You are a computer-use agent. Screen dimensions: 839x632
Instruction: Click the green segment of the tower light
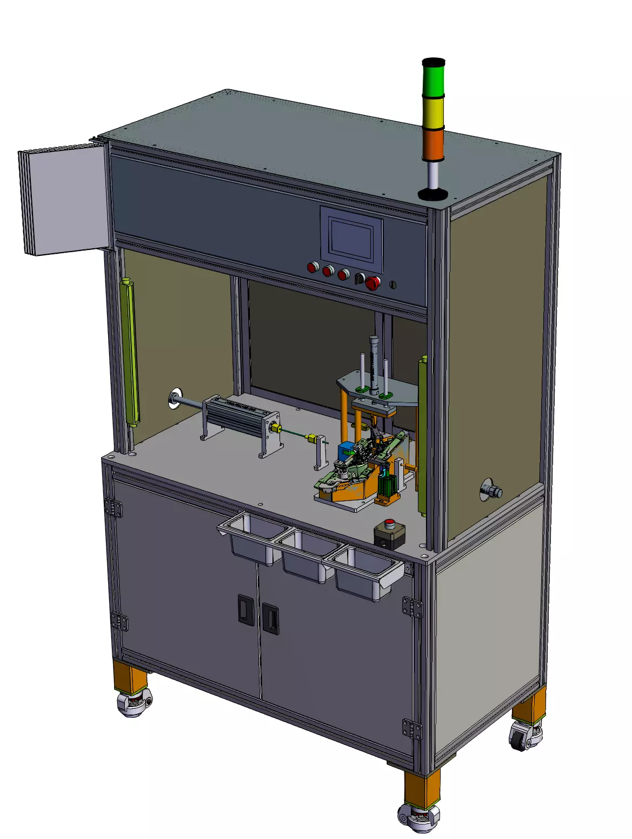pos(433,78)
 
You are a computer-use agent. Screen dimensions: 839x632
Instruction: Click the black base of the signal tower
pos(433,194)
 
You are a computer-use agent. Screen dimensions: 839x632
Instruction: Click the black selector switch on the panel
pos(357,278)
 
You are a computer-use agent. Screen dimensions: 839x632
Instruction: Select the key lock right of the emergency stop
pos(393,284)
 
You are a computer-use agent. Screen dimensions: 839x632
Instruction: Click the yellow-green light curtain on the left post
pos(130,352)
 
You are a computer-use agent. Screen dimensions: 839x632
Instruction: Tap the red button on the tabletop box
pos(389,524)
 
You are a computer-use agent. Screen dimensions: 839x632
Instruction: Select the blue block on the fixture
pos(344,450)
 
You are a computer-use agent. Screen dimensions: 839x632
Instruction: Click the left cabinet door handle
pos(245,610)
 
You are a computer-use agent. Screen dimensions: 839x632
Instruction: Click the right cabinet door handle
pos(270,618)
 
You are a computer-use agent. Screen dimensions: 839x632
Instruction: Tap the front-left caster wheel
pos(134,704)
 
